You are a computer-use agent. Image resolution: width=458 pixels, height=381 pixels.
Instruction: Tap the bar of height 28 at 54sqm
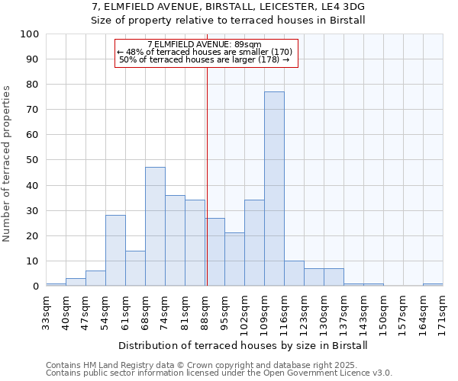click(115, 251)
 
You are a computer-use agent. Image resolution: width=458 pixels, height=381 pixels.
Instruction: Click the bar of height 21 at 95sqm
click(234, 259)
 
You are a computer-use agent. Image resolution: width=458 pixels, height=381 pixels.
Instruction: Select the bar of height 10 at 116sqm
click(294, 274)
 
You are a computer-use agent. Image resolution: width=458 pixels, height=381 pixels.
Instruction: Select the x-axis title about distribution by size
click(244, 345)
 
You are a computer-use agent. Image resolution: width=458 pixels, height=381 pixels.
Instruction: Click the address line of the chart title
click(227, 7)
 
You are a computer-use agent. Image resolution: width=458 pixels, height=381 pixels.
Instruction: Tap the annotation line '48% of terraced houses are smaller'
click(205, 52)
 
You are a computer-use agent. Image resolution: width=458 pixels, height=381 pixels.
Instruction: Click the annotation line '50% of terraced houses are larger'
click(205, 59)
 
